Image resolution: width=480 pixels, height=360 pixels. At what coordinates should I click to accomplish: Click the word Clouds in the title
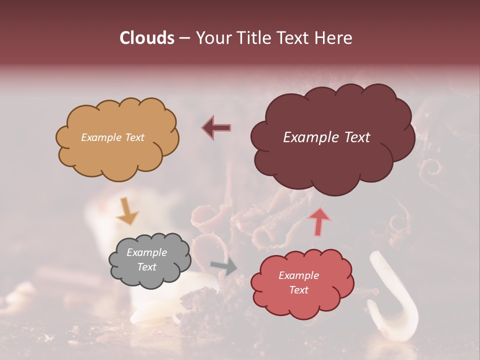click(147, 38)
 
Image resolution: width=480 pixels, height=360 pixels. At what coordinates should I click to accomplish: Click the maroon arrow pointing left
click(216, 127)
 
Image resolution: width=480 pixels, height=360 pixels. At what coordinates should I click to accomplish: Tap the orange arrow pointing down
click(127, 211)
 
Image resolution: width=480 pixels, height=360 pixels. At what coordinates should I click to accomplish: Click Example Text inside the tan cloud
click(112, 137)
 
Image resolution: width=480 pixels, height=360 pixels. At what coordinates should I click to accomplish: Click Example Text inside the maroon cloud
click(326, 137)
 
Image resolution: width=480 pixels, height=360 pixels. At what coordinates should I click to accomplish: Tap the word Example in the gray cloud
click(146, 252)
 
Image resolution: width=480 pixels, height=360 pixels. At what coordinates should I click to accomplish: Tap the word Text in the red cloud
click(298, 290)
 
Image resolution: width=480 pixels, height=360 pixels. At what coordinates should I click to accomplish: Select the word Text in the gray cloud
click(146, 267)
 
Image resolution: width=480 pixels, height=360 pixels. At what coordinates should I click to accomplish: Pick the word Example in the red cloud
click(298, 275)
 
